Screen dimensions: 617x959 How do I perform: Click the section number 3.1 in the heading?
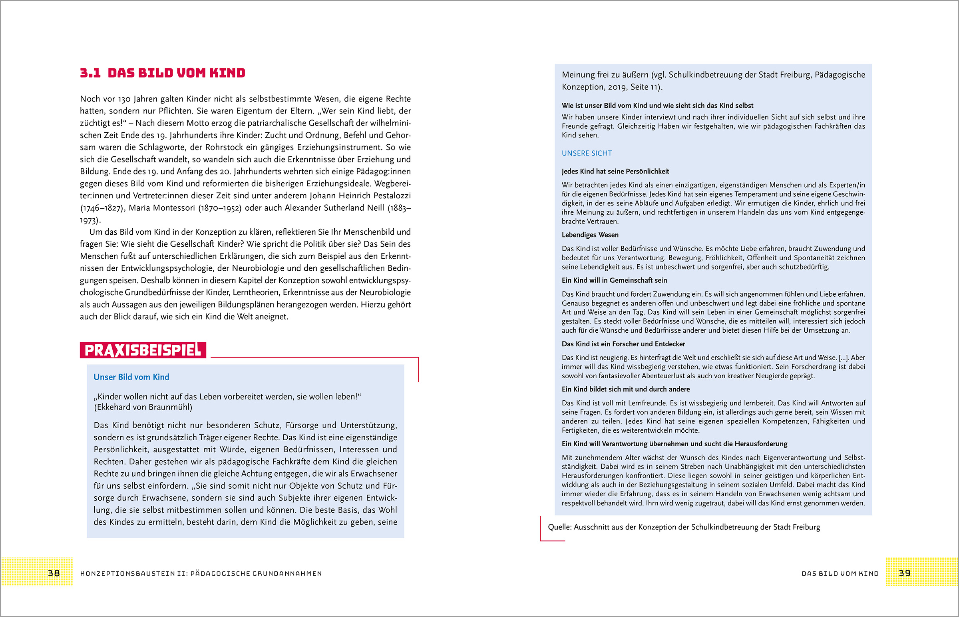(x=90, y=73)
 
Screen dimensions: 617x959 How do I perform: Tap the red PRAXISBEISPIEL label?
(x=143, y=350)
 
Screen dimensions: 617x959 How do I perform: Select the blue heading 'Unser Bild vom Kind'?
(x=131, y=377)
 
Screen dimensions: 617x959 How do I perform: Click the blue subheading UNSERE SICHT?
(x=586, y=153)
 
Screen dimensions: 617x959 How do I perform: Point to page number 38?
(x=54, y=573)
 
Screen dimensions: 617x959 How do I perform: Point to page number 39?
(x=905, y=573)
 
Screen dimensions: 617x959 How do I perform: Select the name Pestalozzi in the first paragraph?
(x=392, y=196)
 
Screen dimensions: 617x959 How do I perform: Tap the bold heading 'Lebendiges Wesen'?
(x=590, y=235)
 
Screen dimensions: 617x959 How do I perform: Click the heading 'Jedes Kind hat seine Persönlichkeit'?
(x=615, y=172)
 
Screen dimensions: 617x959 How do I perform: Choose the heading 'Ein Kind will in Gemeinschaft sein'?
(x=614, y=280)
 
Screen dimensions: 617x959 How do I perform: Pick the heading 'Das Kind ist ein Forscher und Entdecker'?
(x=623, y=344)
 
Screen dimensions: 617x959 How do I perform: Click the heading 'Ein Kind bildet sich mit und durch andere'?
(x=626, y=389)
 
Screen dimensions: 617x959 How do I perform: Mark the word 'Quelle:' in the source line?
(x=559, y=527)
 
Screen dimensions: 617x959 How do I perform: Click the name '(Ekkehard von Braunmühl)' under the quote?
(x=143, y=407)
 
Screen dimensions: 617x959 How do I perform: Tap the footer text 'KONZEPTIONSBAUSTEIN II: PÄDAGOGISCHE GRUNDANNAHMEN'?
(x=201, y=574)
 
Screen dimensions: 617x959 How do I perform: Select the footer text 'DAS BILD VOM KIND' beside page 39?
(x=840, y=574)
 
